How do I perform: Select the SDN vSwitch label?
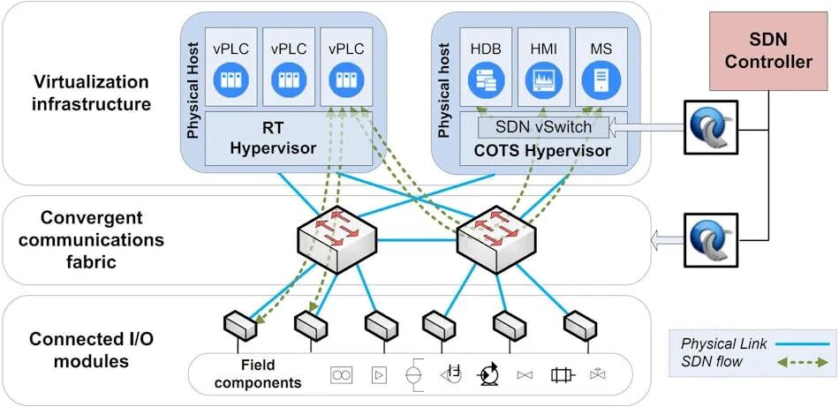[543, 127]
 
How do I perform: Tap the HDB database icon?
[485, 82]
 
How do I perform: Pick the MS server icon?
[599, 82]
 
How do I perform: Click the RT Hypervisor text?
[273, 138]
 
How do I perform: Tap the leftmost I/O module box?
[239, 327]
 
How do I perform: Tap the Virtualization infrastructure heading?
[92, 93]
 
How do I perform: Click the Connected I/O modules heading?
[93, 350]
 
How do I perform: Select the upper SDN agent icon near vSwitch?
[710, 127]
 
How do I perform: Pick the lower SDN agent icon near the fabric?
[710, 238]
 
